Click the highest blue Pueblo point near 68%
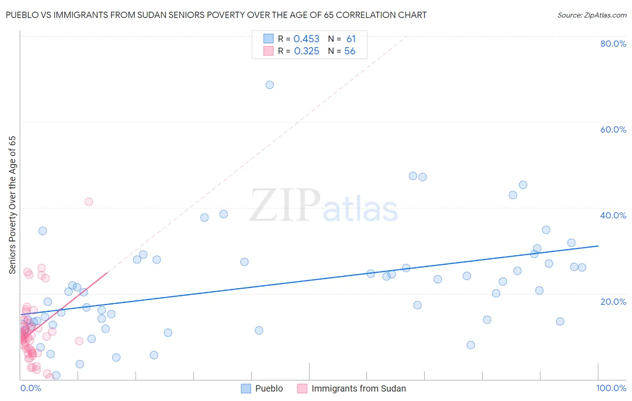[x=270, y=85]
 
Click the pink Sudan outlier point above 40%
[x=89, y=202]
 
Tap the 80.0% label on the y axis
[x=613, y=44]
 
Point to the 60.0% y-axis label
[x=613, y=129]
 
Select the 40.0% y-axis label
[x=613, y=215]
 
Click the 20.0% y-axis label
[x=613, y=302]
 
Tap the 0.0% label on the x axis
[x=31, y=388]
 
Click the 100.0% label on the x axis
[x=611, y=388]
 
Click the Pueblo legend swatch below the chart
[x=246, y=388]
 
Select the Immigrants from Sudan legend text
[x=358, y=388]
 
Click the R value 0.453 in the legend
[x=306, y=39]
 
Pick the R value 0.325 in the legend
[x=307, y=51]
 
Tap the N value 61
[x=351, y=39]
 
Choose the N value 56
[x=350, y=51]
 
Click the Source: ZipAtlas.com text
[x=592, y=15]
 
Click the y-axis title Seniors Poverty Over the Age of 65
[x=13, y=205]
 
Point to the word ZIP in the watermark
[x=285, y=206]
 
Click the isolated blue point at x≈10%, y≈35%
[x=43, y=231]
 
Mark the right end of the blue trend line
[x=598, y=246]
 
